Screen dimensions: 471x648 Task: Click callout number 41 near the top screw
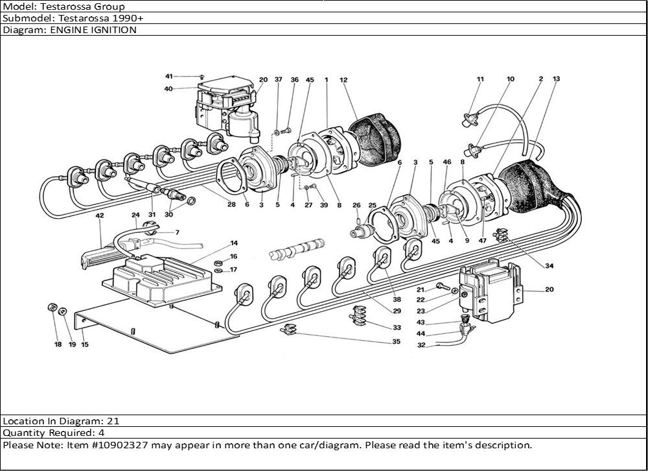coord(168,77)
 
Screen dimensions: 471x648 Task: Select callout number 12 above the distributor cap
coord(343,80)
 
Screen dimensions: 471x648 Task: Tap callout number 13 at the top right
coord(556,79)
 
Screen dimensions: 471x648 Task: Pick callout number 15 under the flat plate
coord(85,344)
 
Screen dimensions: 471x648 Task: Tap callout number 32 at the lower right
coord(421,345)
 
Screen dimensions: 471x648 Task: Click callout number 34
coord(549,266)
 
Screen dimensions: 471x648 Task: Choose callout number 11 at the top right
coord(480,79)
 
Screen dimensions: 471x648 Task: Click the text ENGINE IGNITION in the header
coord(98,30)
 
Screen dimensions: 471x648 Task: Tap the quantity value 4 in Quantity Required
coord(102,432)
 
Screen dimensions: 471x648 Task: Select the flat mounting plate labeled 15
coord(149,324)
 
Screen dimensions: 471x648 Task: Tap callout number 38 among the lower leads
coord(397,300)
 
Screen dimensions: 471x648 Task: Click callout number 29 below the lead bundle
coord(397,312)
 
